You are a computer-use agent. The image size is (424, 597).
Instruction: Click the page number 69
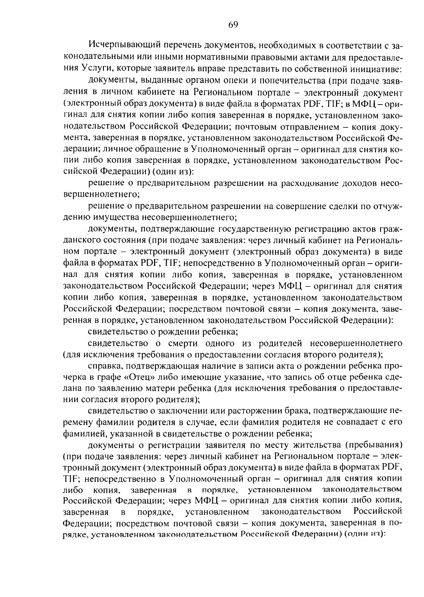pyautogui.click(x=234, y=24)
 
